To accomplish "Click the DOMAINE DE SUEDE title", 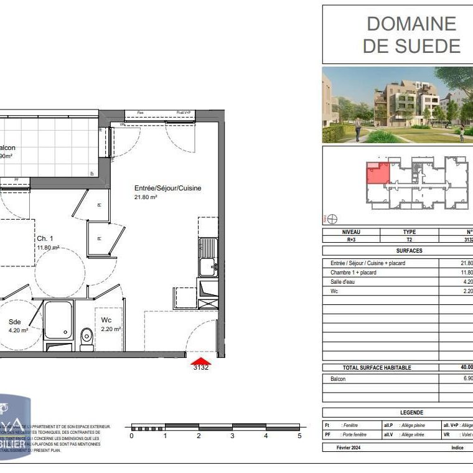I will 411,35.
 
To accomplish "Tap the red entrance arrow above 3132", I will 200,360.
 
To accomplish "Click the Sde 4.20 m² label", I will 19,326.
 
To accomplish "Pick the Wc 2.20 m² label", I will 110,324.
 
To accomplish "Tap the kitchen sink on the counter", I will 207,267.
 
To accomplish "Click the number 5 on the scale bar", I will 299,436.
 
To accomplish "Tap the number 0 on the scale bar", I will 131,436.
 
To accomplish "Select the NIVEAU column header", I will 351,232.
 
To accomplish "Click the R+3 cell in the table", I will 351,239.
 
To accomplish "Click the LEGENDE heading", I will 411,413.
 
